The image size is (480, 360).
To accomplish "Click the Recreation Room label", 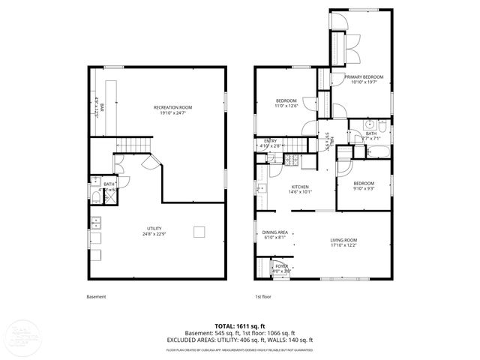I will point(174,107).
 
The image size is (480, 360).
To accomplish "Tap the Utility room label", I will point(154,228).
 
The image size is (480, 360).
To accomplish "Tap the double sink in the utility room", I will point(96,222).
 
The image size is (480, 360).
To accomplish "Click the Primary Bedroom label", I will point(364,77).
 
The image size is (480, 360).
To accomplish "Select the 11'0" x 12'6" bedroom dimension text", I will point(286,106).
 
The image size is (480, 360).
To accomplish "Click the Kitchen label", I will point(301,187).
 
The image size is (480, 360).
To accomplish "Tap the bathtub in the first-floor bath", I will point(378,152).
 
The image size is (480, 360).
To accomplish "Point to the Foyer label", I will point(281,265).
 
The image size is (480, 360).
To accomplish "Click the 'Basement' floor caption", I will point(96,297).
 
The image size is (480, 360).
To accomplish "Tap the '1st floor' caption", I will point(262,297).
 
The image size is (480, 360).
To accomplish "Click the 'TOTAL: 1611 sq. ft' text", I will point(239,326).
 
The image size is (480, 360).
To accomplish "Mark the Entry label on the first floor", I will point(271,140).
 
